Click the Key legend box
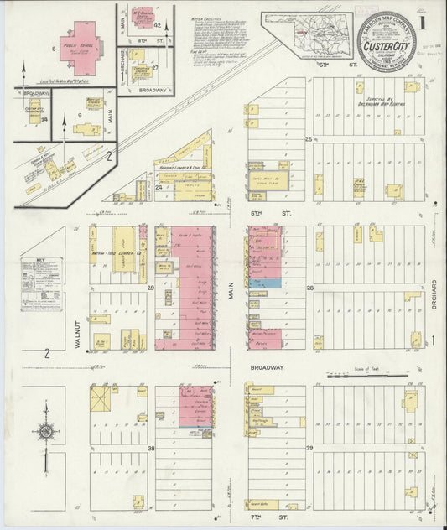click(x=42, y=286)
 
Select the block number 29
click(x=152, y=288)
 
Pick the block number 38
click(x=152, y=449)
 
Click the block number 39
click(x=309, y=449)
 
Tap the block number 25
click(x=308, y=138)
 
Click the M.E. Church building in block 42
click(x=142, y=18)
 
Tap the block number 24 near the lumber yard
click(x=159, y=188)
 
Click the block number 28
click(x=309, y=288)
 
